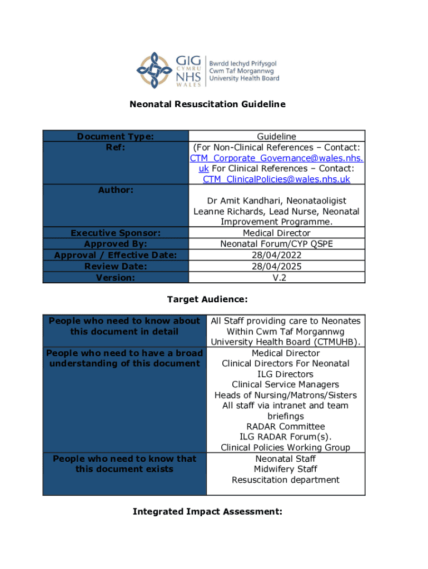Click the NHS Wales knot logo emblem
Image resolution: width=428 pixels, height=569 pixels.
[155, 69]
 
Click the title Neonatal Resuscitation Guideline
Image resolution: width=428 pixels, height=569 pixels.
[207, 104]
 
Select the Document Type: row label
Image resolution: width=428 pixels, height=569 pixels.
[115, 136]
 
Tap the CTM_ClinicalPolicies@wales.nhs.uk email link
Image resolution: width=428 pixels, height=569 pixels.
[276, 179]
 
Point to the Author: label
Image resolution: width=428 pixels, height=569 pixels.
[115, 190]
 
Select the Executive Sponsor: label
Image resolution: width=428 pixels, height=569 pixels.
[115, 233]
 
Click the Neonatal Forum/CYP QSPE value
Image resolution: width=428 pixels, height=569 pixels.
[276, 244]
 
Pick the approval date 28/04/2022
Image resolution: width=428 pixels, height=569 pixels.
[276, 254]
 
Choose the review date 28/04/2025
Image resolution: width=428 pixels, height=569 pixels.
[276, 266]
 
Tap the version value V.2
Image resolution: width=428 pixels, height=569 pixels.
[276, 277]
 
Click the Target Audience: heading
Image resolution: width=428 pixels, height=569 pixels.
[207, 300]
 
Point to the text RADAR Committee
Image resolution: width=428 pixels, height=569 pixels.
[286, 426]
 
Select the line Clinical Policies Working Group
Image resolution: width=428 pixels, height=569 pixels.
[286, 447]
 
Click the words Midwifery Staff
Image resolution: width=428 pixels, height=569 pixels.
[286, 469]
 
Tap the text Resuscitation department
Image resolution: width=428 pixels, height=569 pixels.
[286, 480]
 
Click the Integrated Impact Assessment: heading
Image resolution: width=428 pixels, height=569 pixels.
[207, 511]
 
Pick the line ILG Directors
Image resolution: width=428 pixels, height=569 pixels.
[286, 374]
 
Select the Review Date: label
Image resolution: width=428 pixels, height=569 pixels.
[115, 266]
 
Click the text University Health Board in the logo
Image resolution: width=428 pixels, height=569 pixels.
[244, 79]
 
